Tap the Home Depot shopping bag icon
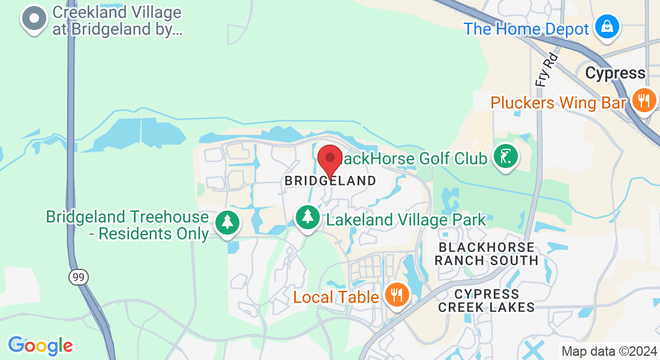607,27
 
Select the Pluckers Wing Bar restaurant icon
644,100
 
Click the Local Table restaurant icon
396,295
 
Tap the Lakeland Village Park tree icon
308,217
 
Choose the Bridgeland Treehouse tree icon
227,223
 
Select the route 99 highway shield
76,277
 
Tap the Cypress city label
615,73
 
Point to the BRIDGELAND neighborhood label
330,181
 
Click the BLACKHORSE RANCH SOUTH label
486,254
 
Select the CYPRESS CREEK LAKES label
486,301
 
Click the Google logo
40,346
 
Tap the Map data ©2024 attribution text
608,351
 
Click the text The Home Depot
526,29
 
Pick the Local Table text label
336,296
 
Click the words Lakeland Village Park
406,220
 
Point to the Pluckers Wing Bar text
558,103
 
